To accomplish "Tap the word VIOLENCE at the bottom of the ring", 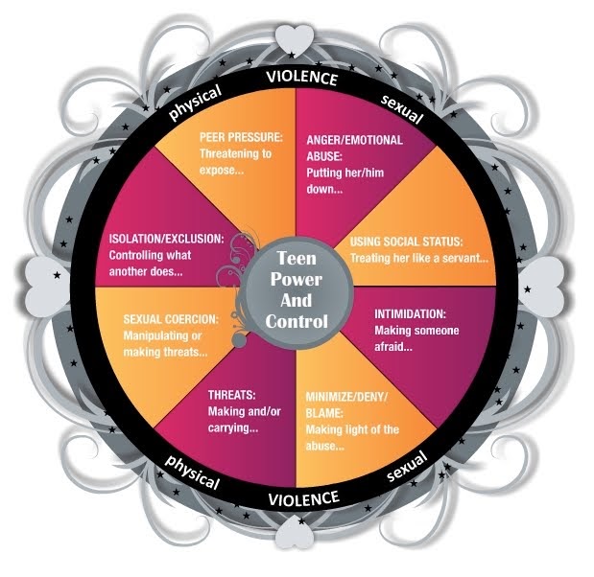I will pos(303,497).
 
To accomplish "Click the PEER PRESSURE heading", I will pos(242,137).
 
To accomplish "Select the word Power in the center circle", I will pos(297,280).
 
